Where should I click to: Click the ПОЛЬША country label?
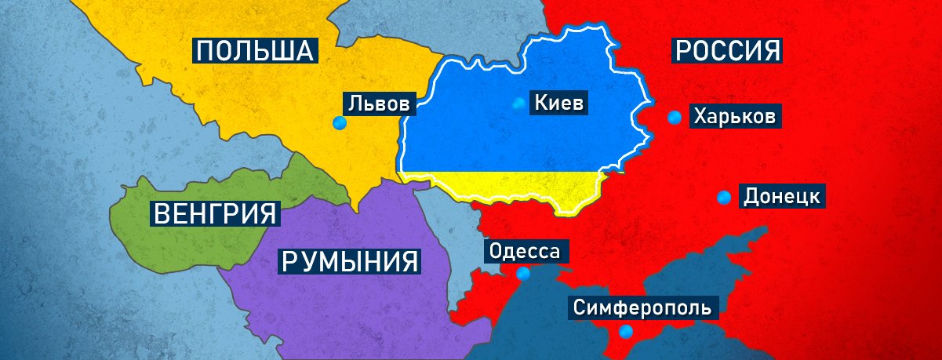(256, 52)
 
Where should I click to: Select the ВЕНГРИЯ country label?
(216, 213)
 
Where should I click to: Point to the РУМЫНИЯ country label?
(349, 260)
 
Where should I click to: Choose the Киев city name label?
(560, 102)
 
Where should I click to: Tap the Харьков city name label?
(735, 118)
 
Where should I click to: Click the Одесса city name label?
(525, 252)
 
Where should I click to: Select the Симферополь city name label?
(642, 307)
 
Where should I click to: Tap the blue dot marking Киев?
(518, 103)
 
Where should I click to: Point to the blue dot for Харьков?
(674, 118)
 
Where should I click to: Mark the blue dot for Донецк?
(724, 197)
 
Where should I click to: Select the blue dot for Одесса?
(523, 274)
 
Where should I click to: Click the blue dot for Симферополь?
(625, 331)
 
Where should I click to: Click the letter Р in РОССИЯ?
(682, 52)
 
